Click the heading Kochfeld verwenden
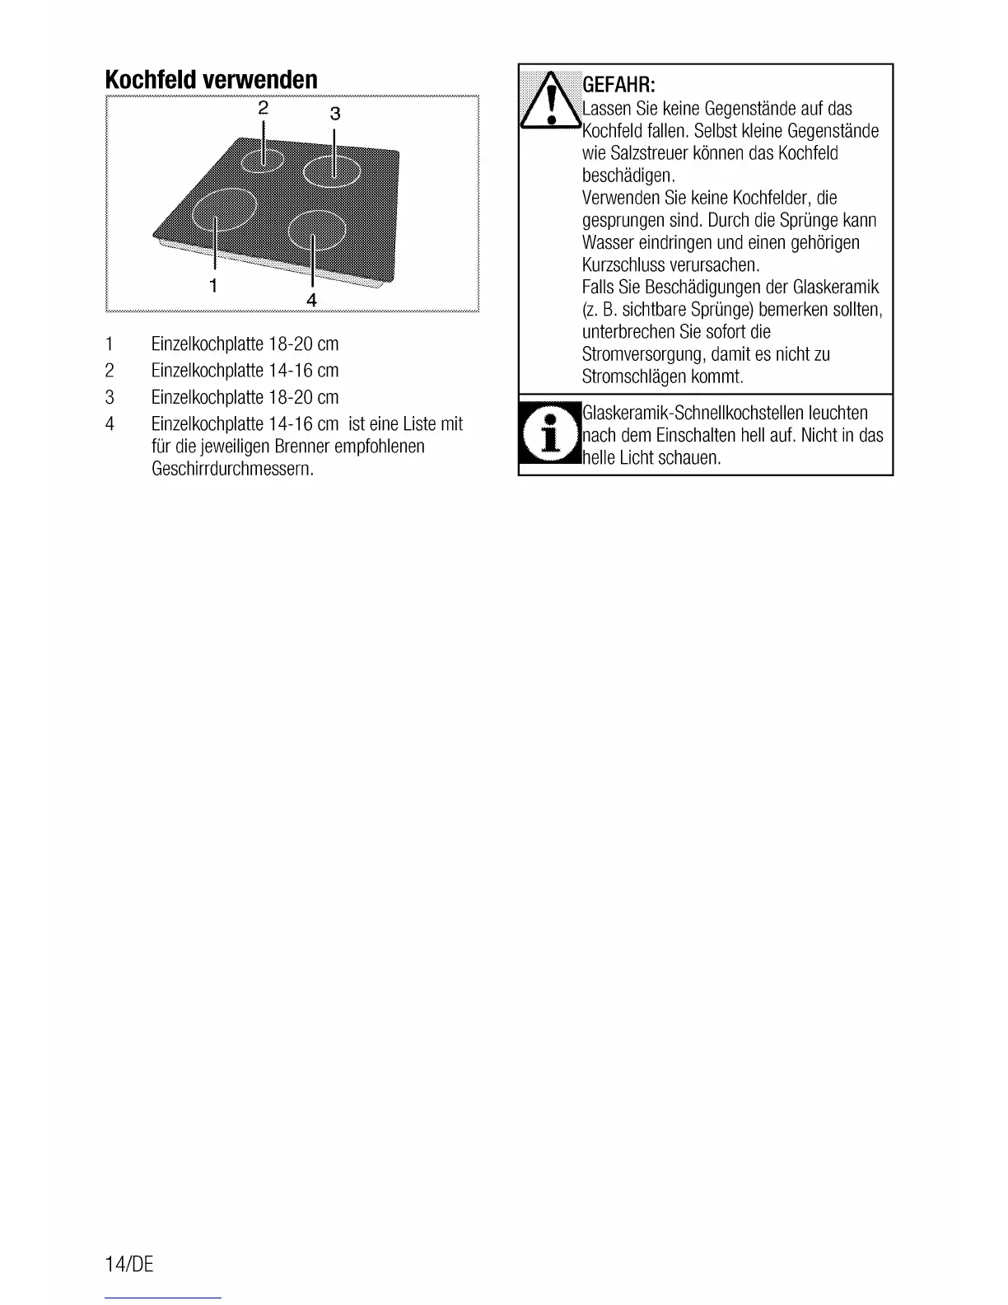pos(211,80)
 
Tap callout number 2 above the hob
pos(264,107)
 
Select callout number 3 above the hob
pos(334,113)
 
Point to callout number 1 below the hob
pos(213,285)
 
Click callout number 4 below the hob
pos(311,299)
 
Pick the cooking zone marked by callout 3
pos(332,171)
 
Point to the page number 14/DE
pos(129,1264)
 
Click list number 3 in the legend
pos(109,397)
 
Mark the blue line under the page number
pos(163,1298)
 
